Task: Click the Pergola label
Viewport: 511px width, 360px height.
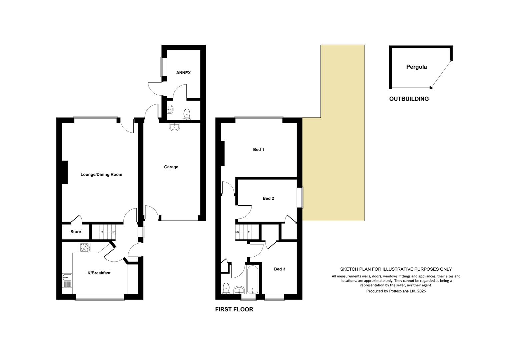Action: click(x=416, y=67)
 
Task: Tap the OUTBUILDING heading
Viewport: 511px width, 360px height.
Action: click(x=409, y=99)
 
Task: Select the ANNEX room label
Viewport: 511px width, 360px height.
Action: click(x=183, y=73)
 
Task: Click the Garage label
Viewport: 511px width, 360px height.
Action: click(x=171, y=167)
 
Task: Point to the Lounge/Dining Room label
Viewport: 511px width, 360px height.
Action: click(x=101, y=174)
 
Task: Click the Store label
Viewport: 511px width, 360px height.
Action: click(x=76, y=232)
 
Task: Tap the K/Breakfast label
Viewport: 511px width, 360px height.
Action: click(x=99, y=273)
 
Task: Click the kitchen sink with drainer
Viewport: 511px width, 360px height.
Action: click(x=67, y=281)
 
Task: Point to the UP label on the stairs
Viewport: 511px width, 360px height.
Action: click(x=113, y=232)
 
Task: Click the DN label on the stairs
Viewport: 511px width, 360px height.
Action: click(x=237, y=232)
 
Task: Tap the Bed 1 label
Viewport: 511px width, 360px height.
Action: click(x=259, y=150)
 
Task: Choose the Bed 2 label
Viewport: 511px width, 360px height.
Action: click(x=268, y=198)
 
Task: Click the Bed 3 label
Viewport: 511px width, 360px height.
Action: click(x=280, y=269)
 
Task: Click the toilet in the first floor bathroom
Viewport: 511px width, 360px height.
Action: click(x=226, y=288)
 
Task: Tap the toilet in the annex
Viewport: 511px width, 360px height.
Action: click(x=187, y=114)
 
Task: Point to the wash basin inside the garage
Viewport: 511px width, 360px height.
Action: click(x=174, y=127)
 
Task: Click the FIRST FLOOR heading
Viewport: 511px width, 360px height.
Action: click(x=234, y=309)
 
